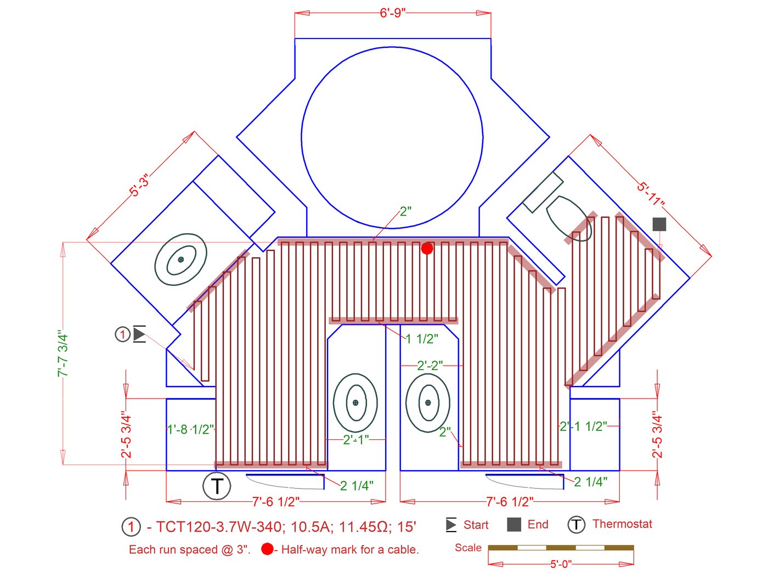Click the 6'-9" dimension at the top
[392, 13]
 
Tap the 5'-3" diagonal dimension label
[139, 185]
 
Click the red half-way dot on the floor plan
[427, 249]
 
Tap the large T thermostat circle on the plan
[217, 486]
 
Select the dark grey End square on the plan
[659, 224]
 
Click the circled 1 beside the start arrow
[122, 334]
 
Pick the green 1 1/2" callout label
[422, 339]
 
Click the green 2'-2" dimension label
[430, 366]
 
